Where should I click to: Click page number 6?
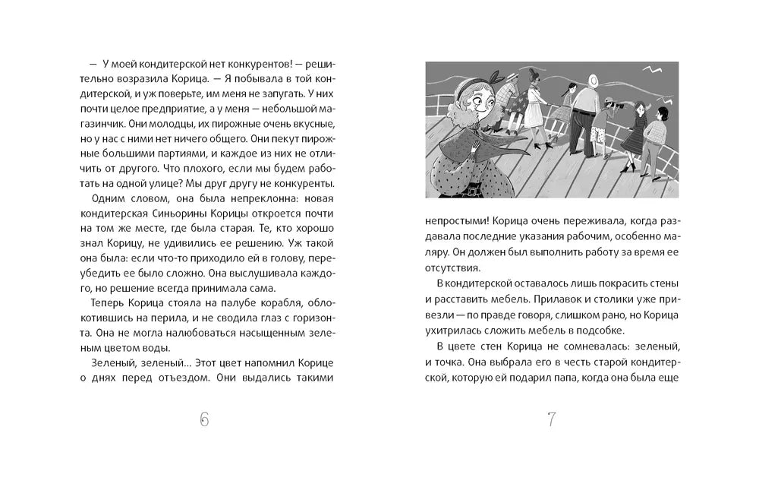point(203,419)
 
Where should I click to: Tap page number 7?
point(552,419)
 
